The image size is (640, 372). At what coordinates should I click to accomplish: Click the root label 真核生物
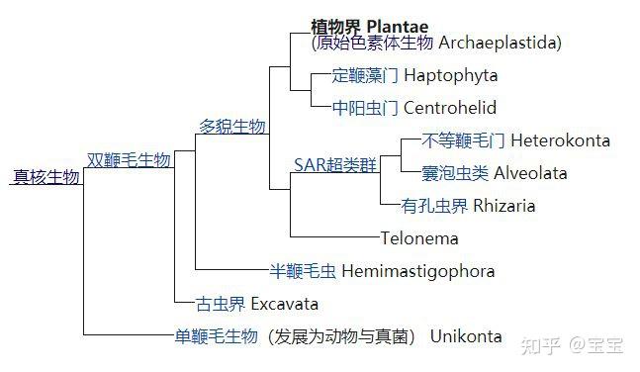[x=46, y=177]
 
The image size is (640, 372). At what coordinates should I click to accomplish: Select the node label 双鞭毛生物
[x=129, y=159]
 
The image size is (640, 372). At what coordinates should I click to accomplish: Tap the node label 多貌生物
[x=232, y=126]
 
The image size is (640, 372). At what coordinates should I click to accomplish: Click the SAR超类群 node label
[x=336, y=164]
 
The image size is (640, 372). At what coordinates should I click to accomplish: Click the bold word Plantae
[x=405, y=26]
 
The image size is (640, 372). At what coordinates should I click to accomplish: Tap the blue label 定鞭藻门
[x=365, y=76]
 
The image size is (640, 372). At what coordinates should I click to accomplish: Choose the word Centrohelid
[x=450, y=108]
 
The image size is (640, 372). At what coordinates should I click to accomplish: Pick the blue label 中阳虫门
[x=365, y=108]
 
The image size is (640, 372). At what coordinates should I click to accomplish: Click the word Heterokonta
[x=560, y=140]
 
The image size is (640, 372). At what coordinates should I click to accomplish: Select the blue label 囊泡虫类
[x=455, y=173]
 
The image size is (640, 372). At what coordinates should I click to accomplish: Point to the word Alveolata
[x=530, y=173]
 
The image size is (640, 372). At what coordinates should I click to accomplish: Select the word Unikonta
[x=466, y=336]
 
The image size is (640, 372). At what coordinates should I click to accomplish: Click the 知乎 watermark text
[x=541, y=345]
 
